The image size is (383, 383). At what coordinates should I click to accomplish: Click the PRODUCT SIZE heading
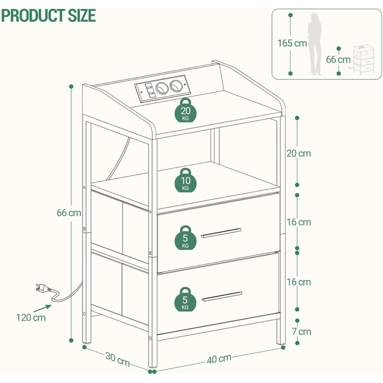48,15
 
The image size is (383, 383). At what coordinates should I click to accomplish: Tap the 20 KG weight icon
185,110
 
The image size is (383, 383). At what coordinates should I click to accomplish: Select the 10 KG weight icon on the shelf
185,180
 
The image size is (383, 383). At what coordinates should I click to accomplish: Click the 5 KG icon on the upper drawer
185,237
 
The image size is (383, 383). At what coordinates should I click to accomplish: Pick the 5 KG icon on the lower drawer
185,299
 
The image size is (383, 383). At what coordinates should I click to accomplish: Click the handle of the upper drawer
221,233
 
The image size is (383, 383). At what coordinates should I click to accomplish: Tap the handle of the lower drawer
222,297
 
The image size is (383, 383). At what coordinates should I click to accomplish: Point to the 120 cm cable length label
31,317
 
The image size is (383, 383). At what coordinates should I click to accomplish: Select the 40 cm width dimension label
219,358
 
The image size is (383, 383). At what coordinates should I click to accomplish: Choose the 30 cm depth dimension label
118,359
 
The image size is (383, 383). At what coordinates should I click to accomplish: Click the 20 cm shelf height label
299,153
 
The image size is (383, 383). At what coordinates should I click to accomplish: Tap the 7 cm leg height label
301,332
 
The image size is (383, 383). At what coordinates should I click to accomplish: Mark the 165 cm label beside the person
292,43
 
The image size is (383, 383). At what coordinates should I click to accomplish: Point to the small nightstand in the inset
363,60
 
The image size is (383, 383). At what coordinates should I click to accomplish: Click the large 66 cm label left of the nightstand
69,213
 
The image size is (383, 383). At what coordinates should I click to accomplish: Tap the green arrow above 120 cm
43,308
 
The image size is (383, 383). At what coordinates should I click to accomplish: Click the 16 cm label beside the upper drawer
299,222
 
